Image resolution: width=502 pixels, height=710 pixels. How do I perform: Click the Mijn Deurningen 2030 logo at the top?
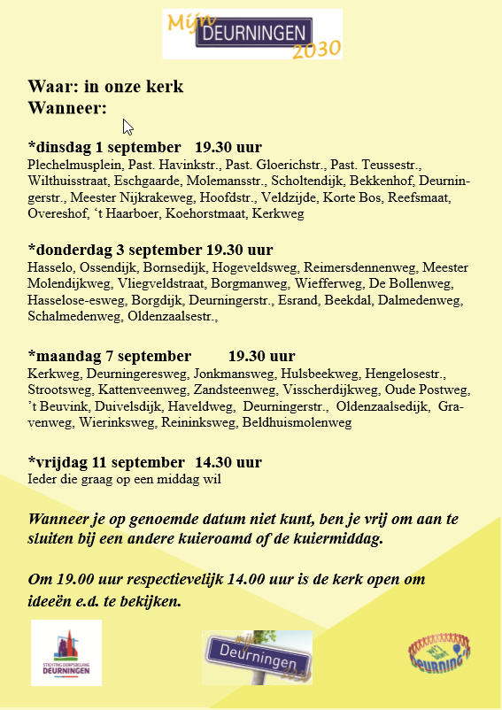[252, 35]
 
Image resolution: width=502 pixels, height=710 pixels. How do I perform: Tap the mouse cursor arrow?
[128, 127]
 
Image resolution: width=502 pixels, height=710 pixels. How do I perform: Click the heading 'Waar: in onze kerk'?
[106, 87]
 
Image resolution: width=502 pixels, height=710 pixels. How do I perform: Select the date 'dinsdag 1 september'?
[108, 146]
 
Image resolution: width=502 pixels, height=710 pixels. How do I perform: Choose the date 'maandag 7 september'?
[109, 357]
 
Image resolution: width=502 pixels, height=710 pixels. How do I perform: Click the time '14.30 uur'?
[228, 462]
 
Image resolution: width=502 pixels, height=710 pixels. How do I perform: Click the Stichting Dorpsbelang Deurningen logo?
[66, 652]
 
